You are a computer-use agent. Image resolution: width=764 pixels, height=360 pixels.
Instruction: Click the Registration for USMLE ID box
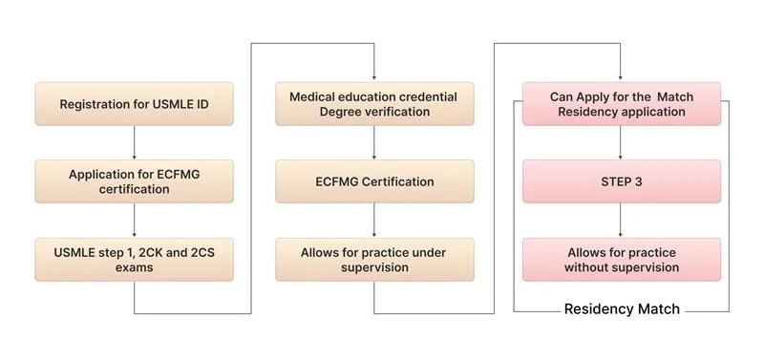[x=134, y=103]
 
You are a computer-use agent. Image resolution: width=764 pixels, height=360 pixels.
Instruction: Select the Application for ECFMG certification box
[x=134, y=181]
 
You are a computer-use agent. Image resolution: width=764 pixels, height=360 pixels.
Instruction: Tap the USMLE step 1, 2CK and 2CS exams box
[x=134, y=260]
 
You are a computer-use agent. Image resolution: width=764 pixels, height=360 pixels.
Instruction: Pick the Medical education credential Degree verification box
[x=373, y=104]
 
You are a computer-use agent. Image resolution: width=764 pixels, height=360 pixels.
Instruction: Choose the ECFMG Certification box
[x=373, y=181]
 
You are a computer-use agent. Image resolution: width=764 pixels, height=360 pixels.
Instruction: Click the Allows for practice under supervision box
[x=373, y=260]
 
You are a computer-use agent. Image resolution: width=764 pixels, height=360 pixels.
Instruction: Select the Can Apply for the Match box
[x=621, y=104]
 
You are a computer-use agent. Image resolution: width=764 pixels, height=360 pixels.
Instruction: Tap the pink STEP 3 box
[x=621, y=181]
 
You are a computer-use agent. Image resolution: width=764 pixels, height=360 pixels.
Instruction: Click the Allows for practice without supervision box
[x=621, y=260]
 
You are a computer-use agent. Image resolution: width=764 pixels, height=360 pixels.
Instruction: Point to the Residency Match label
[x=622, y=309]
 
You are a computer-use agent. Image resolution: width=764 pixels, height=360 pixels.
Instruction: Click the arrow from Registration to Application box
[x=134, y=142]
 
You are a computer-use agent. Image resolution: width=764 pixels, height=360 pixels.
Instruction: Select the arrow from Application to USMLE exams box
[x=134, y=221]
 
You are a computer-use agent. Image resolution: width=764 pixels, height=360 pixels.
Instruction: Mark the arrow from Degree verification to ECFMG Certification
[x=373, y=142]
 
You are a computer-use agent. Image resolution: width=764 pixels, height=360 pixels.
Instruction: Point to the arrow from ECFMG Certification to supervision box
[x=373, y=221]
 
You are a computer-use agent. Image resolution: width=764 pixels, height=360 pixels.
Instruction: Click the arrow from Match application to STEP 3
[x=621, y=142]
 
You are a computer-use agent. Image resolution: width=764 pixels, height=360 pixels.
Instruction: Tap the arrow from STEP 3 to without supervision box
[x=621, y=221]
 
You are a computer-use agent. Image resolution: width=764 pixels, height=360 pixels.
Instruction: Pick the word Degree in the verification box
[x=340, y=112]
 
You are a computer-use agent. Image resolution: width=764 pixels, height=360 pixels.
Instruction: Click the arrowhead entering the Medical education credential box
[x=373, y=77]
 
